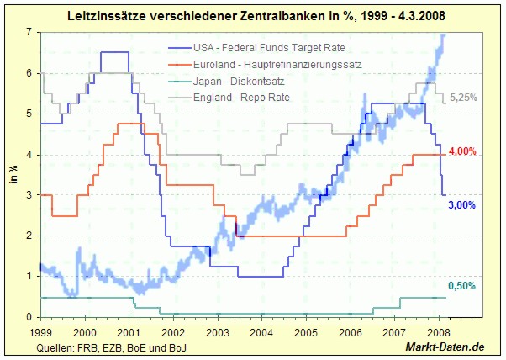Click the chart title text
[x=252, y=15]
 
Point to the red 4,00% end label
[x=462, y=151]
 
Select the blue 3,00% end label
[x=462, y=205]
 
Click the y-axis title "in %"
[x=14, y=175]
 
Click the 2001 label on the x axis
[x=129, y=331]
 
